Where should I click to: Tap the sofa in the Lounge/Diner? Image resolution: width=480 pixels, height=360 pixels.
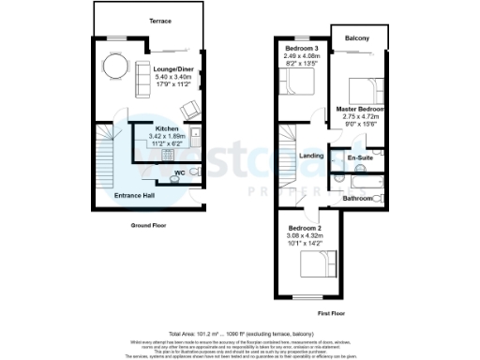click(x=144, y=79)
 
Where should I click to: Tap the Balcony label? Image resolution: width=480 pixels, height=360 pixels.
click(x=355, y=37)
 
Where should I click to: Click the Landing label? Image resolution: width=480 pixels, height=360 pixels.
click(x=311, y=157)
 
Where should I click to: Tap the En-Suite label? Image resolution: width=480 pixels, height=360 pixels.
click(x=361, y=158)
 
